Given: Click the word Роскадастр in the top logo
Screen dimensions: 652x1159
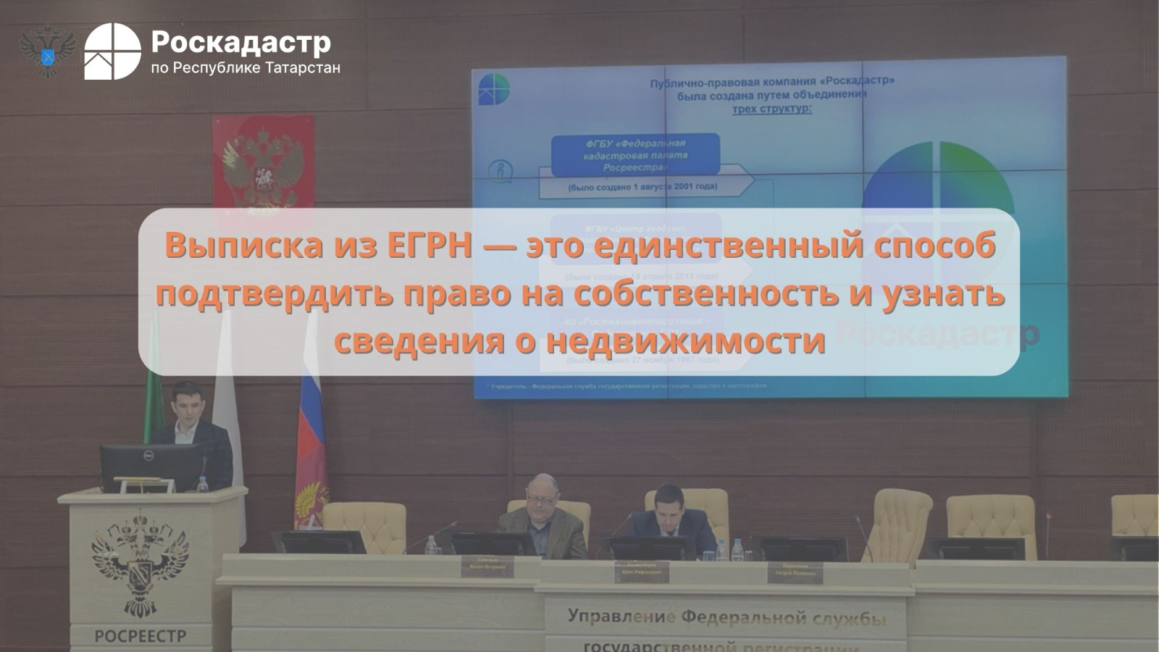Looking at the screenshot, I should [240, 43].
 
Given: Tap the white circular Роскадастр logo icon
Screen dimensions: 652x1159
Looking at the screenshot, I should [112, 51].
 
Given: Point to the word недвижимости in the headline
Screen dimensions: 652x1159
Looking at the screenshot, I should [685, 340].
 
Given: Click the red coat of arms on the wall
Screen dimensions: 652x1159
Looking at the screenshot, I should [263, 171].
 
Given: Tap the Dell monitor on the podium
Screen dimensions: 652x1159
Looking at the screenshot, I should [148, 467].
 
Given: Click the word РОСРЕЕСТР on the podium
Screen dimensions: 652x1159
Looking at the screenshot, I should [140, 637].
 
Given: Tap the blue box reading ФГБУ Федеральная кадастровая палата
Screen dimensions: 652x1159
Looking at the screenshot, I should [635, 155].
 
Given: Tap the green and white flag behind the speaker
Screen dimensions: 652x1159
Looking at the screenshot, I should [154, 377].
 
